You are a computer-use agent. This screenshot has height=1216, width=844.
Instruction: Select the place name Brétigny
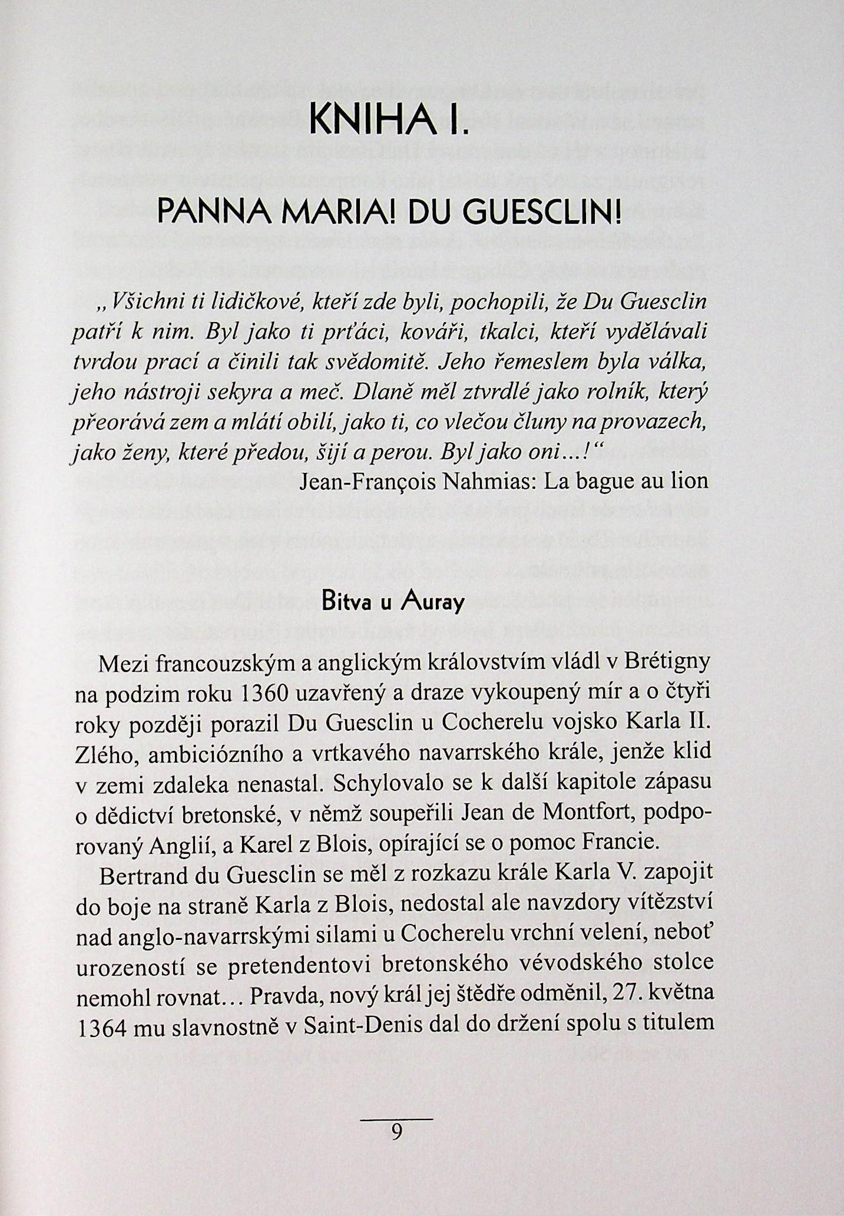pyautogui.click(x=666, y=663)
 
